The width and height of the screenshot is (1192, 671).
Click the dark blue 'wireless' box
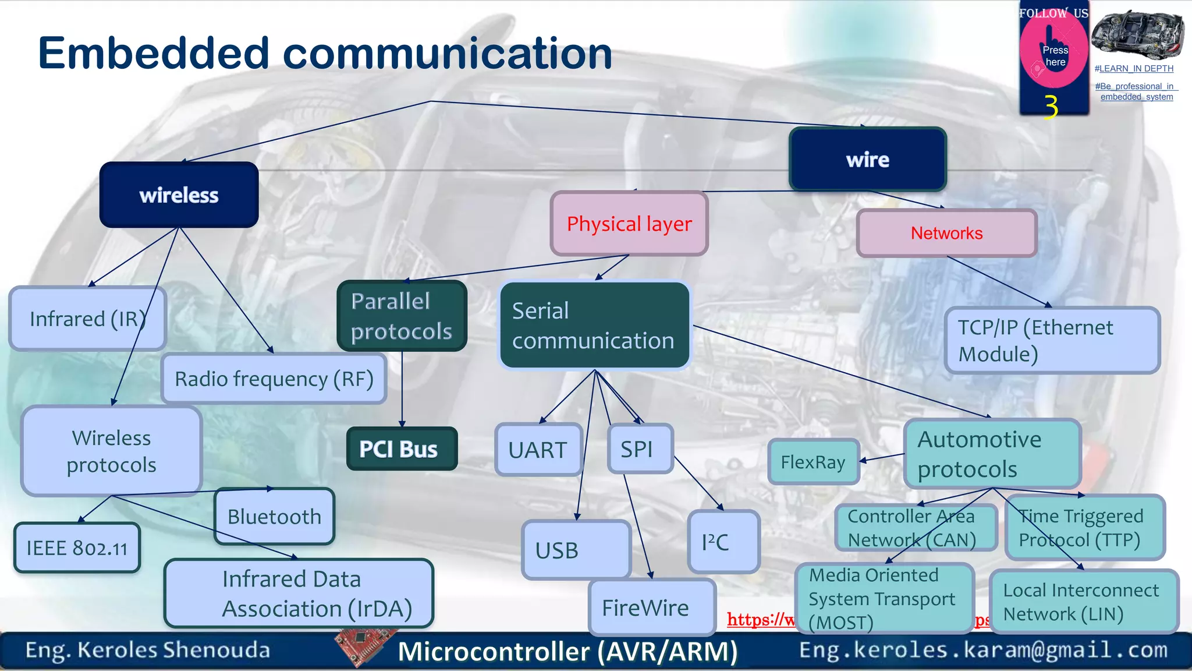pos(179,195)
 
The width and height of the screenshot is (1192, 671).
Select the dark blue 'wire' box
pos(867,160)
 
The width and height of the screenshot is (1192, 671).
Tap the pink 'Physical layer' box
pos(629,224)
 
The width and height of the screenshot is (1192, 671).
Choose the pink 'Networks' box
pos(946,233)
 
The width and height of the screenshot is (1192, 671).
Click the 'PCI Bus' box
pos(402,449)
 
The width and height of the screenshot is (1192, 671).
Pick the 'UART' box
pos(538,450)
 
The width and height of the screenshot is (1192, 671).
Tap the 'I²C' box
pos(723,542)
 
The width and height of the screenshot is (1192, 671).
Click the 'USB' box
pos(576,550)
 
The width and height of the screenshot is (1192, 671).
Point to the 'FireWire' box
pos(651,608)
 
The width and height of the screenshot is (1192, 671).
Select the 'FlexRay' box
pos(813,462)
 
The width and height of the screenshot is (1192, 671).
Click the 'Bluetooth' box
pos(274,517)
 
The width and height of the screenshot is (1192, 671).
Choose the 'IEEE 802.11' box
pos(77,548)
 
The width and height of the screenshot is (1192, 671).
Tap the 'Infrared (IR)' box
pos(87,319)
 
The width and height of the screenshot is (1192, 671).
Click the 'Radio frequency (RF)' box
pos(274,379)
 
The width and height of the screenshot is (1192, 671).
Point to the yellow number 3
pos(1051,107)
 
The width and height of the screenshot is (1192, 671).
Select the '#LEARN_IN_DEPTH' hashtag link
pos(1134,68)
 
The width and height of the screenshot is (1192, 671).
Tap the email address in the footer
pos(983,649)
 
